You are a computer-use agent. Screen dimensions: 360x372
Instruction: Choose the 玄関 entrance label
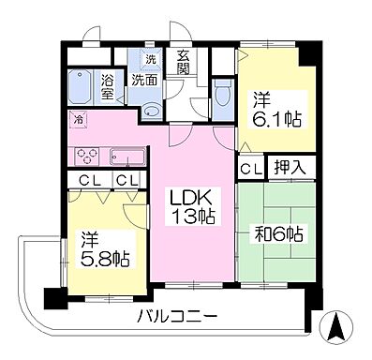coord(183,63)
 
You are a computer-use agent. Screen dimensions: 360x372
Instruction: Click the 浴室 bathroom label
coord(109,85)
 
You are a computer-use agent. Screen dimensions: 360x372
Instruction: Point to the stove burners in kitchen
coord(86,156)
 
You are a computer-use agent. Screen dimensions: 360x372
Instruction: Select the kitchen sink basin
coord(126,156)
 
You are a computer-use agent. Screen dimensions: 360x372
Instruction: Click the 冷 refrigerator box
coord(79,119)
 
